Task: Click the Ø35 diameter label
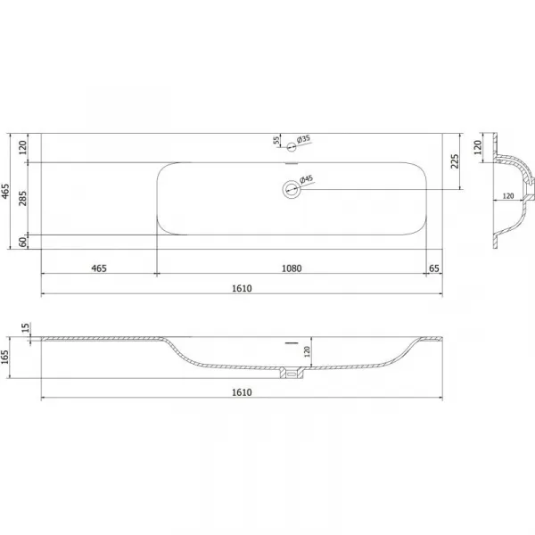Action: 303,139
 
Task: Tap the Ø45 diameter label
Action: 306,179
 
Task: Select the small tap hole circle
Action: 291,147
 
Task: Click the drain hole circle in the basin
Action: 292,189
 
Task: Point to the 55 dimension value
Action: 276,140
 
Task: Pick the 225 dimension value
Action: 455,161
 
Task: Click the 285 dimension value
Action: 22,198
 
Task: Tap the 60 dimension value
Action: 22,243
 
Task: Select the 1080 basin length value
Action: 292,268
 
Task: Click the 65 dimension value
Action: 433,268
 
